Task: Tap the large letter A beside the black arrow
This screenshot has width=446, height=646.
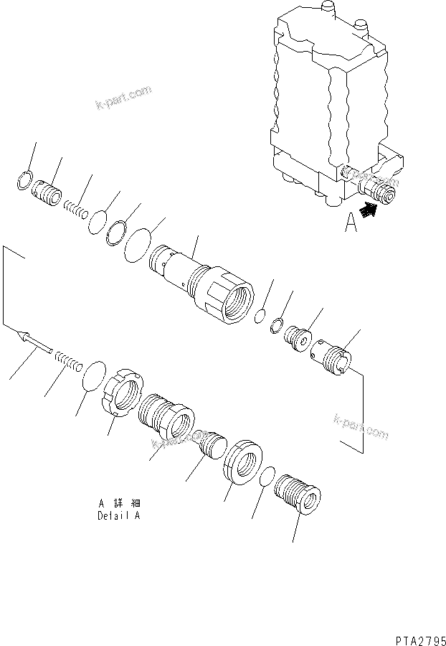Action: (351, 224)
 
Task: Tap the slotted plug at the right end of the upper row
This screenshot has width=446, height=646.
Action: (331, 357)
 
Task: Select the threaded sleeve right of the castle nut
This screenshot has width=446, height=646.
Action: (166, 417)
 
